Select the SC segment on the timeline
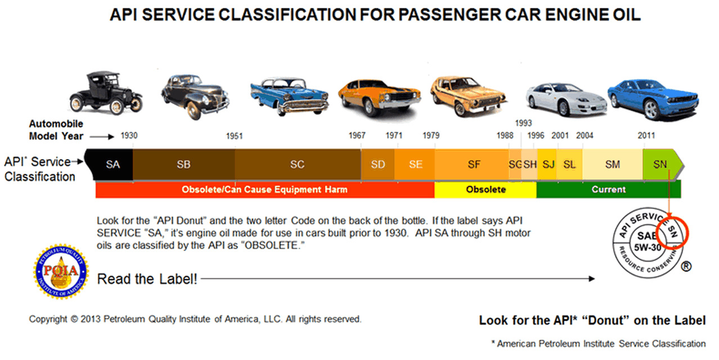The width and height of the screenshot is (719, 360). tap(298, 164)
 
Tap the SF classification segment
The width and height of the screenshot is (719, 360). tap(472, 164)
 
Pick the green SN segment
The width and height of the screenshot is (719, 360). tap(661, 164)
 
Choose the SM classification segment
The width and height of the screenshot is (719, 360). tap(613, 164)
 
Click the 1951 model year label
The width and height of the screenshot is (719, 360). tap(234, 136)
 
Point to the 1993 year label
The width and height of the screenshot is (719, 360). tap(524, 123)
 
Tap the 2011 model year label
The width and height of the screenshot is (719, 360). tap(646, 136)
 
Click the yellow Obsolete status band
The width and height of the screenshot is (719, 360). tap(486, 190)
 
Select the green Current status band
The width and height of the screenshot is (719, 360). tap(609, 190)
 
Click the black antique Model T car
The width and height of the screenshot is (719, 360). tap(106, 93)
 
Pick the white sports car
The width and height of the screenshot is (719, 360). tap(567, 100)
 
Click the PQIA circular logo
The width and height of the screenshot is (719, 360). tap(61, 272)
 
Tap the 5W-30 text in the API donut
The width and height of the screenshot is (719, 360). tap(648, 247)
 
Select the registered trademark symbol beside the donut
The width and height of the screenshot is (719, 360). tap(686, 266)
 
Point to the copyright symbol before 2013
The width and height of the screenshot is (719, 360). tap(74, 319)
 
